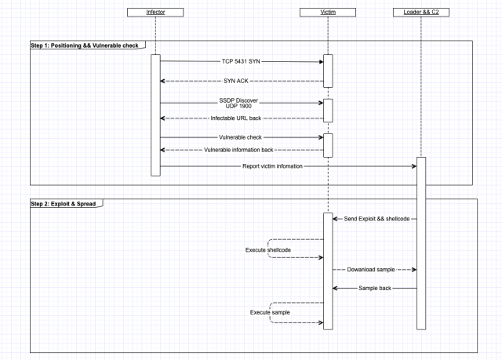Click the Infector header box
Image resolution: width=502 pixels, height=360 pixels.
[x=155, y=13]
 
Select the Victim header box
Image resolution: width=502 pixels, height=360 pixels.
[x=328, y=13]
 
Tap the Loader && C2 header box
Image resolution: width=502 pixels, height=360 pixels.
[x=421, y=13]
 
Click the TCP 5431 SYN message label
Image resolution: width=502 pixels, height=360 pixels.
[x=241, y=61]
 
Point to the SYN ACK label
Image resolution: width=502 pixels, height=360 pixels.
[x=236, y=81]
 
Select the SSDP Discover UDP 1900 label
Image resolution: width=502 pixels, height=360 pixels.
[x=238, y=103]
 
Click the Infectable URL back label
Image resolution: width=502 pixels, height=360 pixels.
[x=236, y=118]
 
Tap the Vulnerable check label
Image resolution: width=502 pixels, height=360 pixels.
[x=240, y=137]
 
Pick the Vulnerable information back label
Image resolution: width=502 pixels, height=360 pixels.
[x=238, y=150]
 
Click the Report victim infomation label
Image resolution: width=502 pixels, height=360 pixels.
[x=272, y=166]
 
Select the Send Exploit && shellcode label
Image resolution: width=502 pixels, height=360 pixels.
[x=376, y=219]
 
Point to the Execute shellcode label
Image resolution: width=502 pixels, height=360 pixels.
[x=268, y=250]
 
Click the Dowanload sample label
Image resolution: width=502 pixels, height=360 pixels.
[x=371, y=270]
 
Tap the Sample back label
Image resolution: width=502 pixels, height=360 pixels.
[x=375, y=288]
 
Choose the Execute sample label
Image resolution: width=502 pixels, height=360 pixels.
[x=270, y=312]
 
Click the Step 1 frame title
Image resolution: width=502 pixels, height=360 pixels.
[x=85, y=45]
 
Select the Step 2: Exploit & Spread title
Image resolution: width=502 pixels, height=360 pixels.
[x=63, y=204]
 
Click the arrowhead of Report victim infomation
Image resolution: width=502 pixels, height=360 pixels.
[x=414, y=166]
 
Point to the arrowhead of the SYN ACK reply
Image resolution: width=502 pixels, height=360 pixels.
[x=162, y=81]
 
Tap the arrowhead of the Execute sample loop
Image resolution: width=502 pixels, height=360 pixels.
[x=321, y=322]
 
